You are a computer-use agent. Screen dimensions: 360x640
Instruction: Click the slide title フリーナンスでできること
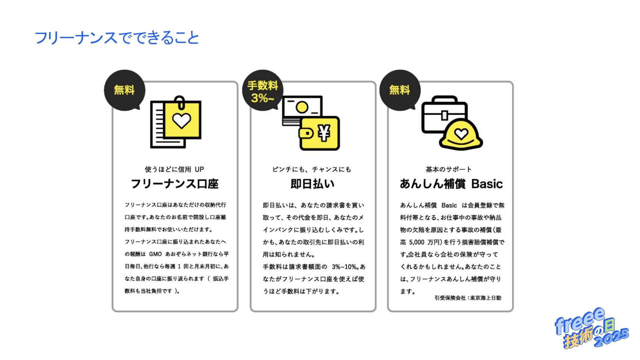117,37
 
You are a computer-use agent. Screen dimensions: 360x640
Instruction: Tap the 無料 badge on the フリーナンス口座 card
124,90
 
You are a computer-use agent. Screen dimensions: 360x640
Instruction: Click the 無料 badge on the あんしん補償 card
400,90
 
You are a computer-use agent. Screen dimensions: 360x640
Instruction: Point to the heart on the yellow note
182,120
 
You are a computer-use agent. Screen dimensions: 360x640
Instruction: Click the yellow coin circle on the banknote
302,107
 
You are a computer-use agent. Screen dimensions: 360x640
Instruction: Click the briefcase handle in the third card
444,99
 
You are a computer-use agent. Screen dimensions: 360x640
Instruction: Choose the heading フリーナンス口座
175,184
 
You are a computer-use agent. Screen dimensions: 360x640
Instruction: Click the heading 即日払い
312,184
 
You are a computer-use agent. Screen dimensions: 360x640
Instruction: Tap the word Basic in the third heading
487,184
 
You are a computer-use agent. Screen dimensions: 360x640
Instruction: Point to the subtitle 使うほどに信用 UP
174,169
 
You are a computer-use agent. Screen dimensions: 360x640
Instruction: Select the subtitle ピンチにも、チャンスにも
312,169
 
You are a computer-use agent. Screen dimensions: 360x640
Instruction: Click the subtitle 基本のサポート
449,169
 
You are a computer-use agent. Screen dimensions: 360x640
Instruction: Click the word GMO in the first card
155,254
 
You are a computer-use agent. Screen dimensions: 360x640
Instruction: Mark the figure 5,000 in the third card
417,242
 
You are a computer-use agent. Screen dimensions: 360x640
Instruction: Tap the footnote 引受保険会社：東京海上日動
468,298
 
